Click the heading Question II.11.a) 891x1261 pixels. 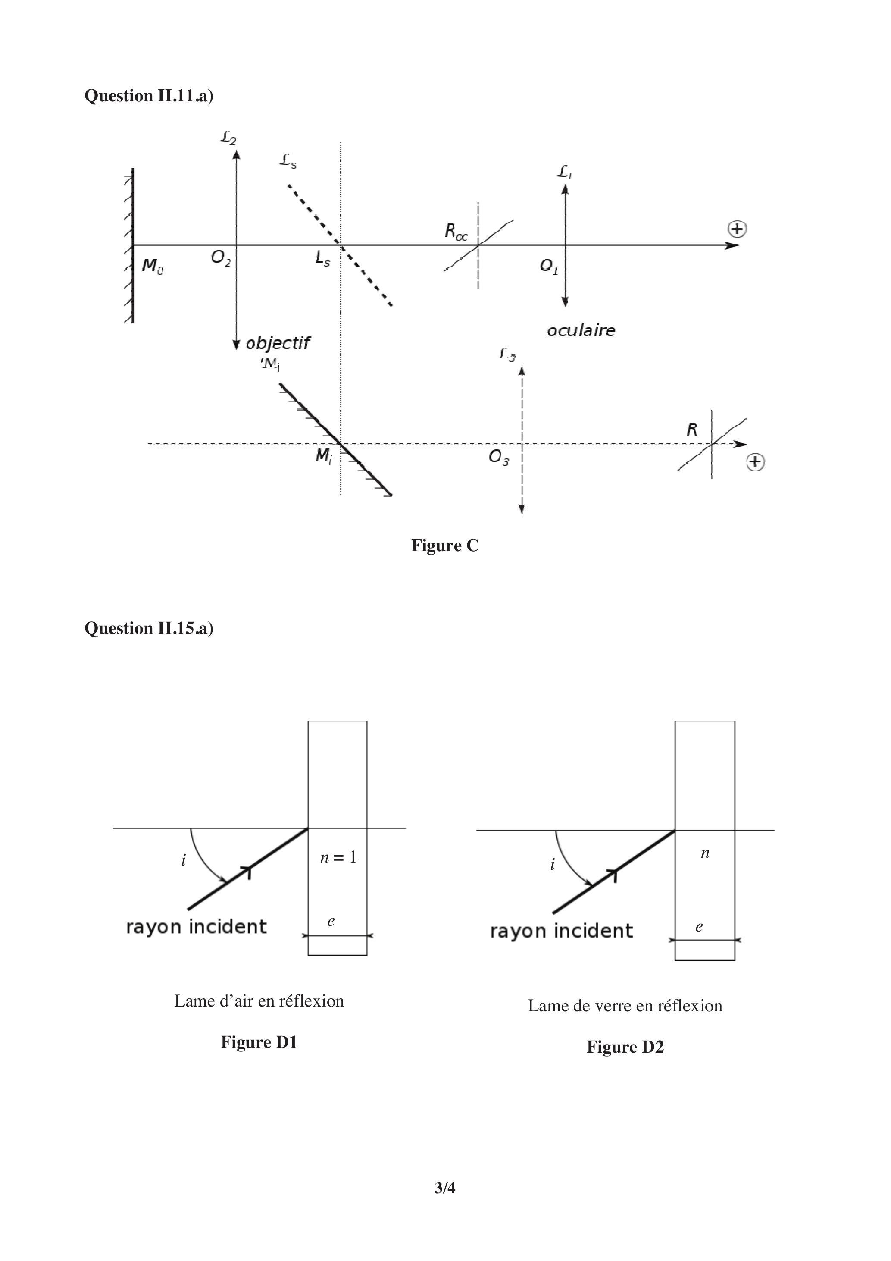tap(149, 96)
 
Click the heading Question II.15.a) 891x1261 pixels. tap(149, 628)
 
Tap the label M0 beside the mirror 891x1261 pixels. tap(152, 267)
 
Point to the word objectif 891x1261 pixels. tap(278, 343)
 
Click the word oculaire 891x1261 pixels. tap(581, 330)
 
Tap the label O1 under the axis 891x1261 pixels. tap(548, 267)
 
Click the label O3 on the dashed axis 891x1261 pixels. tap(498, 457)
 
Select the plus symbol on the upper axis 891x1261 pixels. tap(737, 229)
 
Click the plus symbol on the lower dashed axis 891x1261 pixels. tap(755, 462)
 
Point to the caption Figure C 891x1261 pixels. tap(445, 546)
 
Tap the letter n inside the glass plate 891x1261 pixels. tap(705, 853)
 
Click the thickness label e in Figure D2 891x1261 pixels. tap(699, 927)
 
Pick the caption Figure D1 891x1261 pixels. tap(259, 1042)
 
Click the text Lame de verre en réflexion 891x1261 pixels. tap(625, 1006)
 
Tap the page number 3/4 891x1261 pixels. tap(445, 1188)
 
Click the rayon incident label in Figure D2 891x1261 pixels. tap(561, 931)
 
